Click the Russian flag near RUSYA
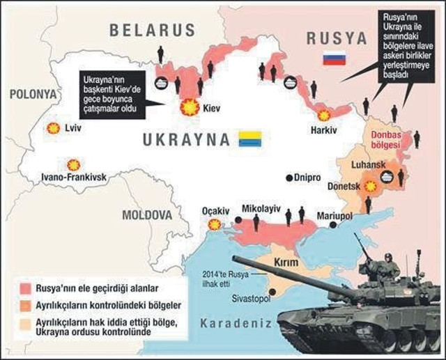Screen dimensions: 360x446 point(334,58)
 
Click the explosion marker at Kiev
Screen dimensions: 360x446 point(188,108)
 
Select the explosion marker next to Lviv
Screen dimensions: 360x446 point(52,128)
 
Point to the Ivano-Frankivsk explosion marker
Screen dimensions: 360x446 point(73,165)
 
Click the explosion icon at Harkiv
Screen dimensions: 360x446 point(324,116)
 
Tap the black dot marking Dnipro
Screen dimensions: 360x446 point(289,178)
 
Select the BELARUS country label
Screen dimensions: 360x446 point(151,30)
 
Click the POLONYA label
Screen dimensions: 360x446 point(32,93)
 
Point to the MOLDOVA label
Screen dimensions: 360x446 point(147,215)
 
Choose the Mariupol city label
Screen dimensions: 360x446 point(335,216)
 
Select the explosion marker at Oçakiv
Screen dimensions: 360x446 point(215,224)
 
